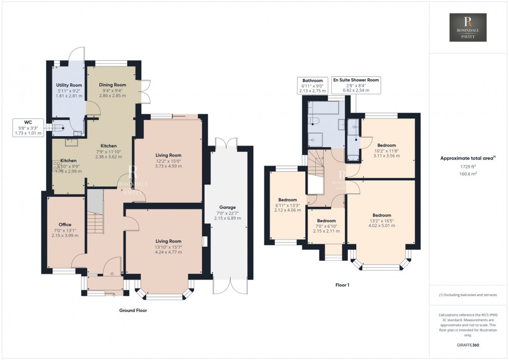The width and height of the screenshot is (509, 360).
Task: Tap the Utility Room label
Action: point(69,85)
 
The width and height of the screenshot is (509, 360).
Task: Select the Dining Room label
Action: point(113,85)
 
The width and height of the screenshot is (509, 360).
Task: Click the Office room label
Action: point(65,224)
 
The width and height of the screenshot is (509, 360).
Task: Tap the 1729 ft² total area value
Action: point(468,167)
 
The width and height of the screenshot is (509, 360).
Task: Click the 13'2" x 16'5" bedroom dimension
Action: point(381,220)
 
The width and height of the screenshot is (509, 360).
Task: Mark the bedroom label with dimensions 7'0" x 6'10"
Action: point(327,225)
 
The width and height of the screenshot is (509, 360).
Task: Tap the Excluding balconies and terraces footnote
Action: point(468,295)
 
